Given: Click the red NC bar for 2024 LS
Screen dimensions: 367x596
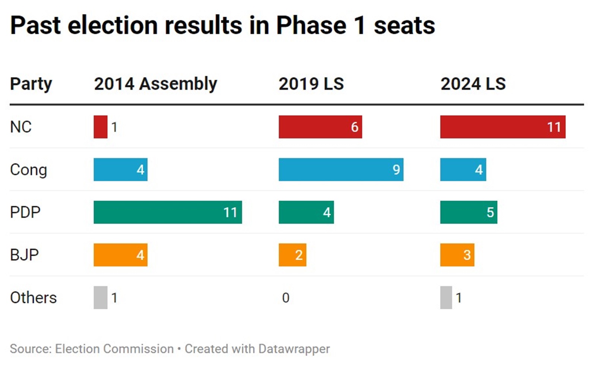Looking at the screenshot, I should (503, 127).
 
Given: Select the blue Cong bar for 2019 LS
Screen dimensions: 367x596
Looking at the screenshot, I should (341, 170).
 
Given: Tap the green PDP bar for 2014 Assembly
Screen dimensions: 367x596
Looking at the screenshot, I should (168, 212).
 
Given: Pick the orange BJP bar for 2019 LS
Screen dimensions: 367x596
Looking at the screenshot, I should (292, 255).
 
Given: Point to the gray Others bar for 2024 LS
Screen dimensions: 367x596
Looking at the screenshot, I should (446, 297).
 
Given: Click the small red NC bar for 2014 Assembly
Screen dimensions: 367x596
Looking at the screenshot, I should (100, 127).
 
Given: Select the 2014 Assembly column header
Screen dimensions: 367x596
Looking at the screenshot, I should (155, 84).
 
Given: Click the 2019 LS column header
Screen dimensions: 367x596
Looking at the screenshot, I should (311, 84).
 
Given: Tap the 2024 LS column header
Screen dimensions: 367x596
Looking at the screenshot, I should (473, 84).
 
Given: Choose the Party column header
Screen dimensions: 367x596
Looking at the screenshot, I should (31, 84).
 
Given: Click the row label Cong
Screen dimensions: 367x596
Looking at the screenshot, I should (28, 170).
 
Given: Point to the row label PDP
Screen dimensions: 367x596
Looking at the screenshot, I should (25, 212).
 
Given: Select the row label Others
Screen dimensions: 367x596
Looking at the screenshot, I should (33, 298).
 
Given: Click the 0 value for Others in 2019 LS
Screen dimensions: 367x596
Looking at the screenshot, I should (286, 298).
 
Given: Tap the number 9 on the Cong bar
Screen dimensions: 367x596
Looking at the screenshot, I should (396, 170).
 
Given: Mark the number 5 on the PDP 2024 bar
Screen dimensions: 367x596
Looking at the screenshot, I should (490, 212).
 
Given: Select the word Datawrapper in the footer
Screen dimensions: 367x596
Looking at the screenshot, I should (294, 349).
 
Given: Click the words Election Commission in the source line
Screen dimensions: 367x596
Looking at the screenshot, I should (114, 349).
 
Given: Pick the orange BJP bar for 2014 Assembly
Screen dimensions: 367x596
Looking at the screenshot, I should (120, 255).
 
